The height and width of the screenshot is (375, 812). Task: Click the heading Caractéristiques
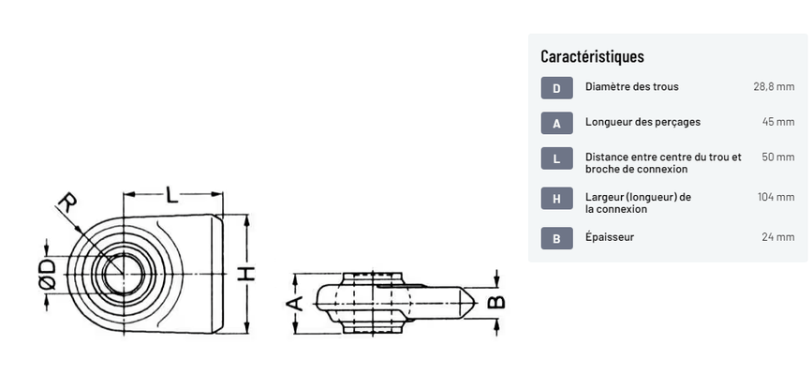tap(592, 56)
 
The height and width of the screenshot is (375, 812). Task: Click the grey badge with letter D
tap(556, 88)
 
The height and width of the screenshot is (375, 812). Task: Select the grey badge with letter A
tap(556, 123)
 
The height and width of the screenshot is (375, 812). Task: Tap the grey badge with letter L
tap(556, 158)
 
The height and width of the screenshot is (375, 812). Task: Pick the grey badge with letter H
tap(556, 198)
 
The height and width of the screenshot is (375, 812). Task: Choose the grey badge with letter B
tap(556, 238)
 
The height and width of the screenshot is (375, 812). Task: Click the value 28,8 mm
tap(774, 87)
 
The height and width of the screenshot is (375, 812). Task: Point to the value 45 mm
tap(778, 122)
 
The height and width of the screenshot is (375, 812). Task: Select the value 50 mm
tap(778, 157)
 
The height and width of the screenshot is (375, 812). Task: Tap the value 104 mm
tap(775, 197)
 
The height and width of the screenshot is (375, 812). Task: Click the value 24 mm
tap(778, 237)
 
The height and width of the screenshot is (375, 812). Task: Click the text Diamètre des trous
tap(631, 87)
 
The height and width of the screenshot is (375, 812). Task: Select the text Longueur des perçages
tap(642, 122)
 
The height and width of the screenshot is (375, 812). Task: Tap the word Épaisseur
tap(610, 237)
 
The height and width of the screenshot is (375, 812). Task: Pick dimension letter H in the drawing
tap(244, 274)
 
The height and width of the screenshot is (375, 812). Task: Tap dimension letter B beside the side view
tap(497, 301)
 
